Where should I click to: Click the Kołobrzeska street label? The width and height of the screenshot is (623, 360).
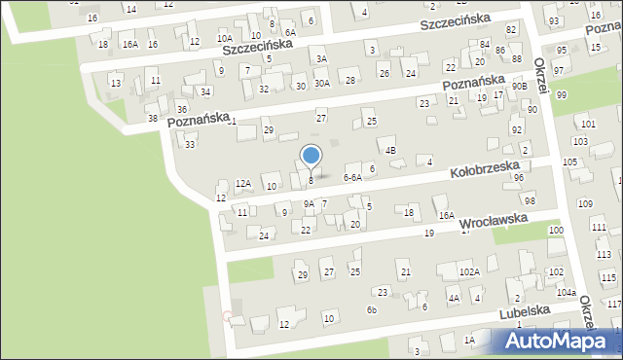[492, 170]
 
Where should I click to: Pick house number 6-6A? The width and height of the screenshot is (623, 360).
[352, 178]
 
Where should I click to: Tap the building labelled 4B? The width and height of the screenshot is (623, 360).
[390, 151]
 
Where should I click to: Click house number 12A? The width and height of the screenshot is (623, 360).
[243, 183]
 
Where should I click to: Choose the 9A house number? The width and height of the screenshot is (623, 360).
[309, 203]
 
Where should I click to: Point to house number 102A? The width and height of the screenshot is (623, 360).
[469, 271]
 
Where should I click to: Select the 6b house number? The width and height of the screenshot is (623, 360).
[371, 309]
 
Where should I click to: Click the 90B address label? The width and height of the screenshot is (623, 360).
[521, 87]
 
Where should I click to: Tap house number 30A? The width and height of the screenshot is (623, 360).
[321, 83]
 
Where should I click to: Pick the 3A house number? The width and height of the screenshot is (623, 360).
[320, 59]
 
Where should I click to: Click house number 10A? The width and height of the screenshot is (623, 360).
[224, 39]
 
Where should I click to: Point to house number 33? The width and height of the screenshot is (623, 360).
[190, 144]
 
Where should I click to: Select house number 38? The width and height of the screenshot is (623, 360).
[153, 119]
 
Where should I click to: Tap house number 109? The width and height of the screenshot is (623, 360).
[584, 203]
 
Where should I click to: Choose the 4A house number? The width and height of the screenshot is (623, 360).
[454, 298]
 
